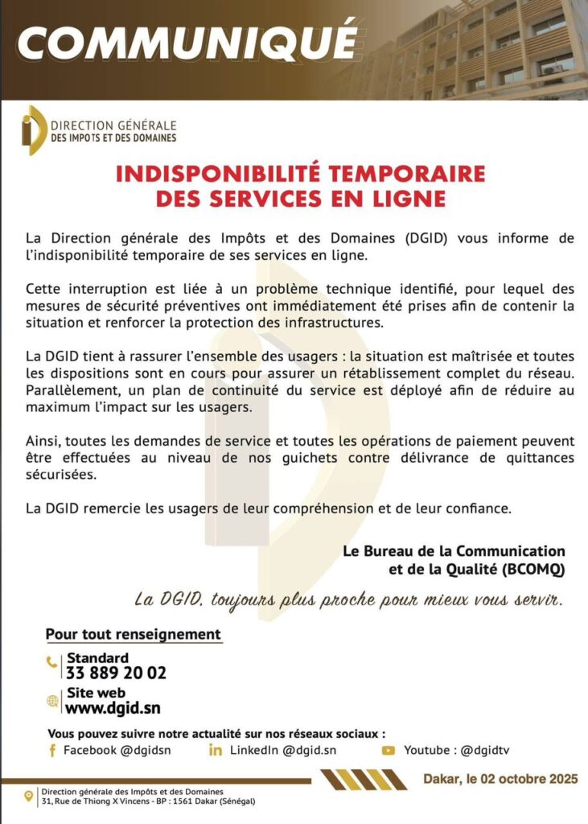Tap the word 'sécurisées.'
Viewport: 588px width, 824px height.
click(x=61, y=475)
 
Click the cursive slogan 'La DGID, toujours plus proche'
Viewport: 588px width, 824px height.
click(x=241, y=600)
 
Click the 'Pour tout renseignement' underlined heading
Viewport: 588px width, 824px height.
click(x=133, y=634)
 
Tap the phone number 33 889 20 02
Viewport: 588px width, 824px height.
click(x=117, y=674)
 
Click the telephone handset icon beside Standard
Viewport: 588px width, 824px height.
click(x=52, y=663)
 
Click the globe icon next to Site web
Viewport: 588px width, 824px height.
click(x=52, y=701)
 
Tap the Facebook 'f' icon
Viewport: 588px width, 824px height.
click(x=52, y=751)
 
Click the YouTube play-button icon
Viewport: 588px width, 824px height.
click(x=389, y=751)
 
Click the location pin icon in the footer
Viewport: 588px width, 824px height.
click(x=30, y=796)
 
